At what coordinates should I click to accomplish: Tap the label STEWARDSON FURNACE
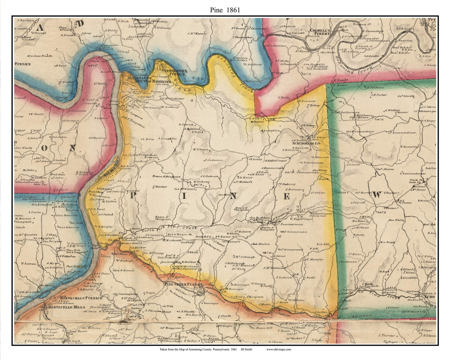tap(175, 72)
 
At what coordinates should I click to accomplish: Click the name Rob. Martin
tap(261, 244)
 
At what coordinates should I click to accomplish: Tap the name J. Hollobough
tap(235, 263)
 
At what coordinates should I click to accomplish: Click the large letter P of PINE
tap(134, 196)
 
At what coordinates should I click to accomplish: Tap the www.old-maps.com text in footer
tap(278, 349)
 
